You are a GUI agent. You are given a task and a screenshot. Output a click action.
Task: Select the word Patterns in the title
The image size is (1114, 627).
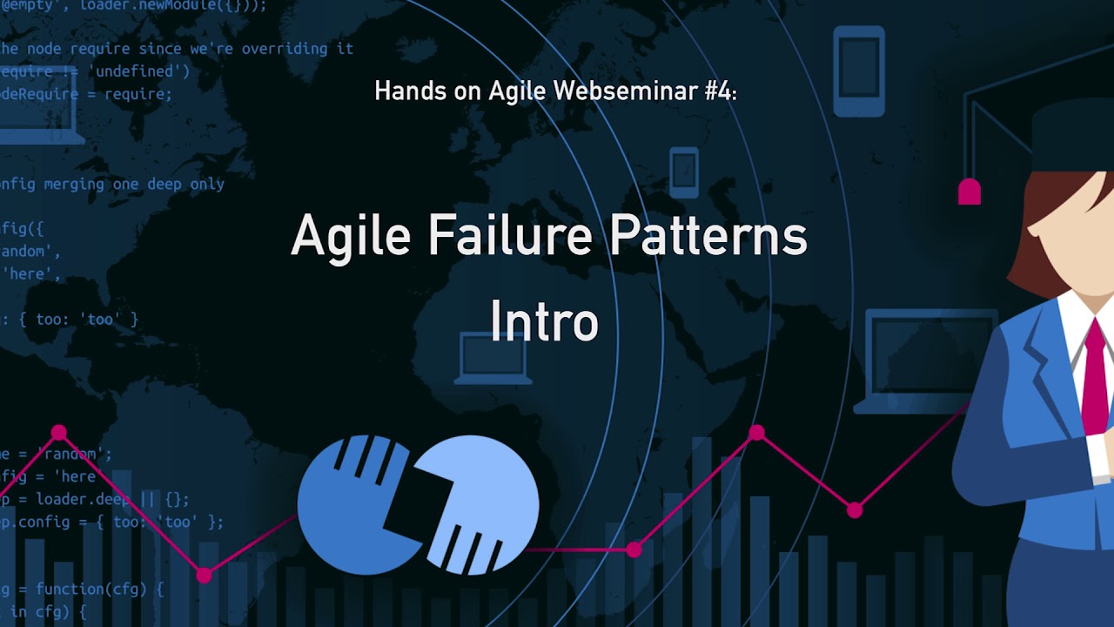[708, 235]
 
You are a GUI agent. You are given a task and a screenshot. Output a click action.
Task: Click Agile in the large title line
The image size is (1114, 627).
[350, 237]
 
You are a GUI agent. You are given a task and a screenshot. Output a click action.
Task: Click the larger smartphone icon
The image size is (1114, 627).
[858, 71]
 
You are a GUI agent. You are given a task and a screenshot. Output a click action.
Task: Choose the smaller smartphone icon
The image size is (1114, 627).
[684, 172]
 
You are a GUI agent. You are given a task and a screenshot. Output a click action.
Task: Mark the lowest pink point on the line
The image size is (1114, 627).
[205, 575]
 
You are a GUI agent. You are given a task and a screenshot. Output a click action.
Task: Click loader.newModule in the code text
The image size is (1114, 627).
[173, 5]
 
